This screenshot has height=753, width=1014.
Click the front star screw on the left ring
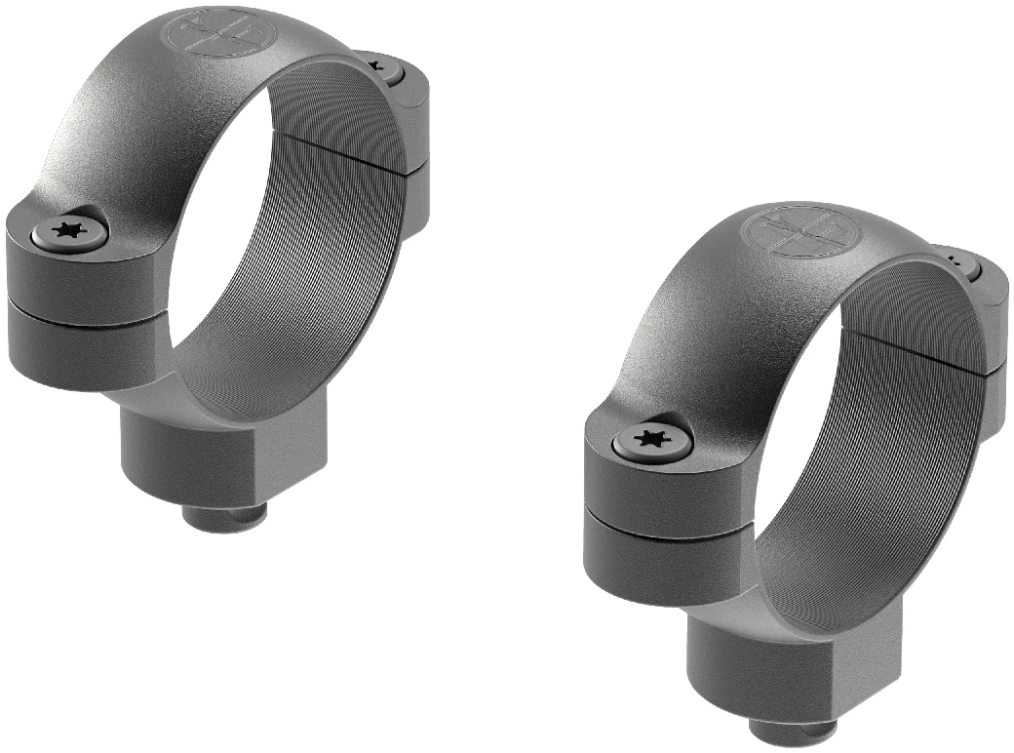(x=69, y=232)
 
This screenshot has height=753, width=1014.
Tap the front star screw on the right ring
(x=652, y=440)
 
